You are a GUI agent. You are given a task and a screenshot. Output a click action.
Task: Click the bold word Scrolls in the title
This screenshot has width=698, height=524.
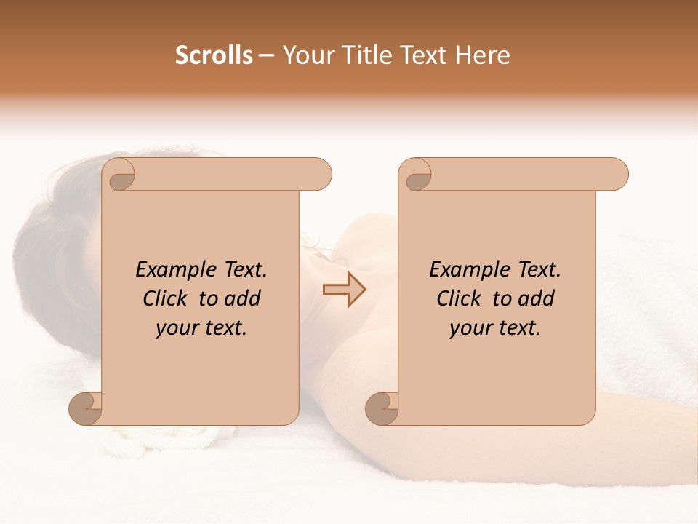214,55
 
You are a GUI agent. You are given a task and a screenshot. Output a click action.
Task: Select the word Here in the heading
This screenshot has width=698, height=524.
482,55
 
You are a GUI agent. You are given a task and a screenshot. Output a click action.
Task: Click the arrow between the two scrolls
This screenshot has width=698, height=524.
344,290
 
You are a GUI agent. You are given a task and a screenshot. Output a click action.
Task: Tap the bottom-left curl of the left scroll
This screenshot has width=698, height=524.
85,408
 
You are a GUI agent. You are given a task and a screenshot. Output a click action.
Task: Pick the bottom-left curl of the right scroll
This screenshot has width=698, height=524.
382,408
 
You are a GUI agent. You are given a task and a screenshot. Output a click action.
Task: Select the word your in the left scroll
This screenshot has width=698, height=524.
176,328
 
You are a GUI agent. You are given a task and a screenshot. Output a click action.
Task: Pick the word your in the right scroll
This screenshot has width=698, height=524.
470,328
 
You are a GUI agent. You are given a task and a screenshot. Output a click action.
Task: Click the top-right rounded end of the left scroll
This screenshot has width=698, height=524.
318,174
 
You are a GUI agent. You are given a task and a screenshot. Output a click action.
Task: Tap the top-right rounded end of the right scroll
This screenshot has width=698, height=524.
615,174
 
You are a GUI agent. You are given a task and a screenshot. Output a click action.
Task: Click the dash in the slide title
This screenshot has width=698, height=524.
267,56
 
